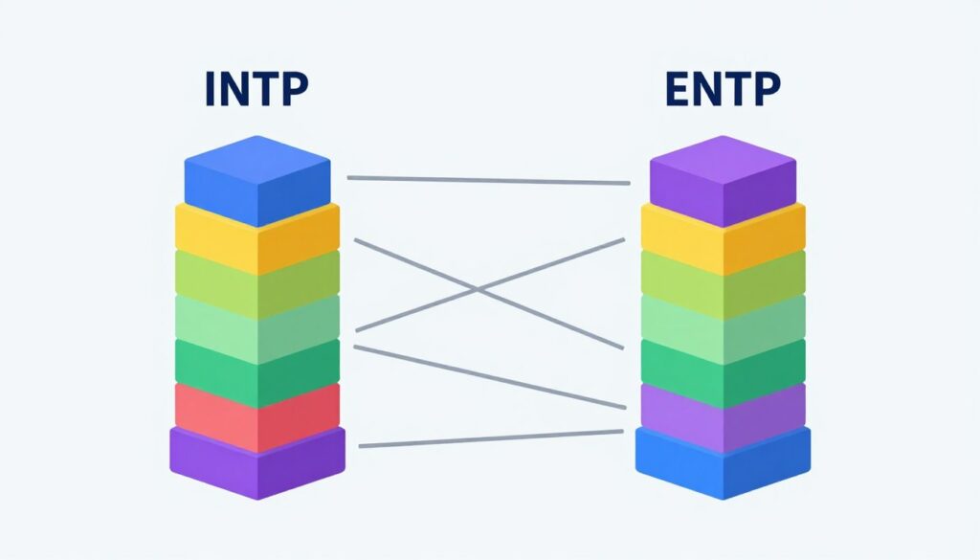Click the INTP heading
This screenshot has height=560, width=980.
[x=256, y=89]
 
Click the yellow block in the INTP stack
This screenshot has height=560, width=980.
[x=256, y=239]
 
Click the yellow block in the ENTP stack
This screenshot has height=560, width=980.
[x=723, y=239]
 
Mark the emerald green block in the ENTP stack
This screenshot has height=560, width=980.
[x=723, y=370]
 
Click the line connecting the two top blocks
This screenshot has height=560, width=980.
[x=488, y=180]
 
